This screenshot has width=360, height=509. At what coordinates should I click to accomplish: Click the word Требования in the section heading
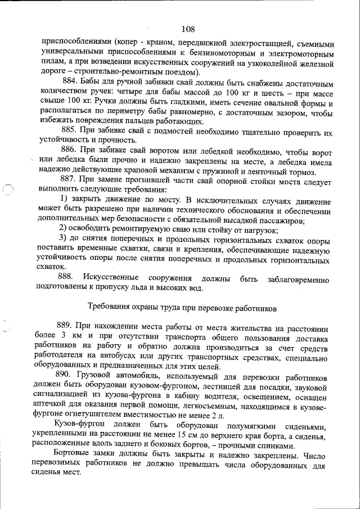(x=111, y=307)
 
